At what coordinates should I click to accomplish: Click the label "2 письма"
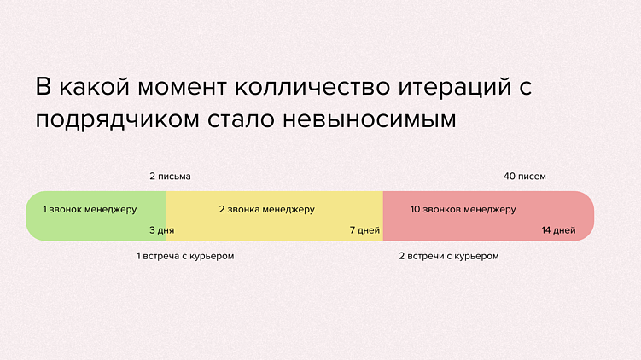tap(170, 177)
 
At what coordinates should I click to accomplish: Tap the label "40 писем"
tap(524, 177)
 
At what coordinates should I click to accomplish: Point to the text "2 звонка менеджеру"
tap(266, 209)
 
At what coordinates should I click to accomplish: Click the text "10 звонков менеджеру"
tap(463, 209)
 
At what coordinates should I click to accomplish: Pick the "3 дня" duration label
tap(161, 230)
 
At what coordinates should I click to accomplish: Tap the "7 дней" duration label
tap(364, 230)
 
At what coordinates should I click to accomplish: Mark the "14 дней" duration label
tap(558, 230)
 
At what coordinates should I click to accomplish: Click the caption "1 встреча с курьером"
tap(184, 256)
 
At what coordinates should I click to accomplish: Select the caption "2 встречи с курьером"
tap(449, 256)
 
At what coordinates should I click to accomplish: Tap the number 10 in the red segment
tap(415, 209)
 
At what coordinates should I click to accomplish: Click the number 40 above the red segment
tap(510, 177)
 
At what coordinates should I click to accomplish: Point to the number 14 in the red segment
tap(546, 230)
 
